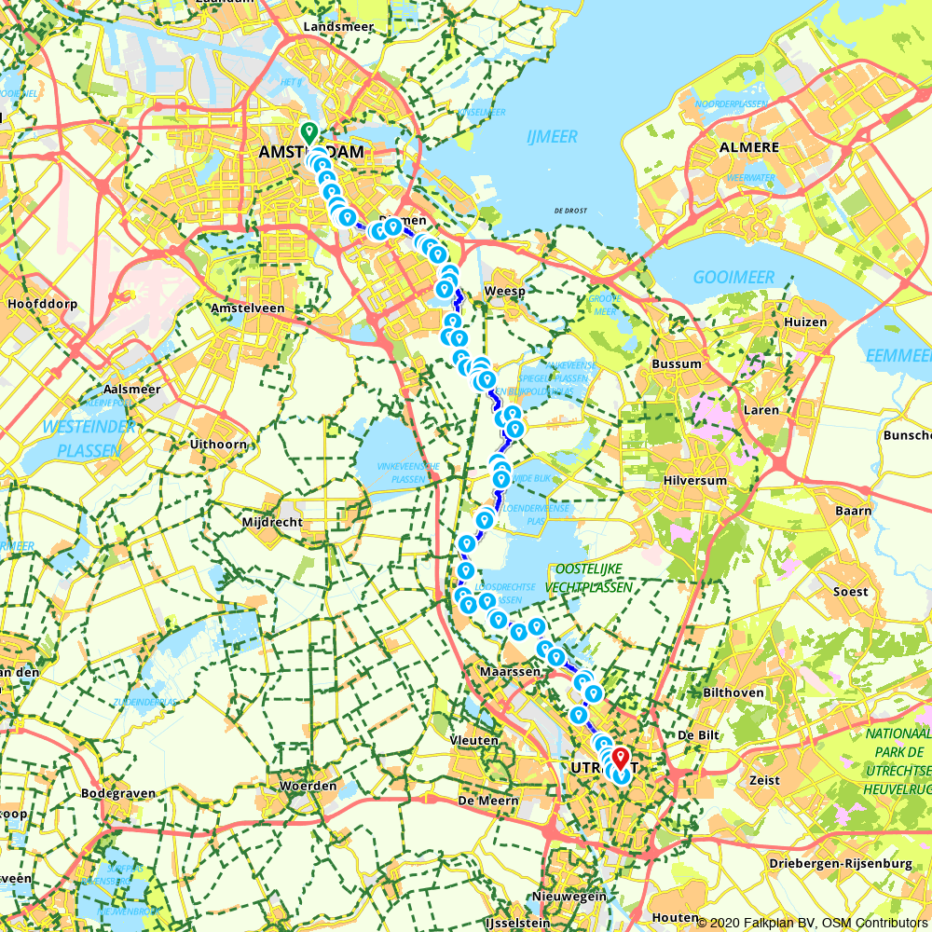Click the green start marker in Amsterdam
(x=308, y=132)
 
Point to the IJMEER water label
(x=552, y=137)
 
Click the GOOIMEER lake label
(x=733, y=278)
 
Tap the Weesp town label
(x=505, y=292)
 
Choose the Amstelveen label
(x=247, y=308)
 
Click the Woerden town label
(x=308, y=786)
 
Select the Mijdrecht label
(x=271, y=522)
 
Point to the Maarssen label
(x=510, y=671)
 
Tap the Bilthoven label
(x=733, y=692)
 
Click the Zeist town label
(x=762, y=779)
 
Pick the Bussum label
(x=678, y=363)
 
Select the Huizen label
(x=805, y=322)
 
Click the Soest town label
(x=850, y=592)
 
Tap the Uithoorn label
(x=218, y=445)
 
